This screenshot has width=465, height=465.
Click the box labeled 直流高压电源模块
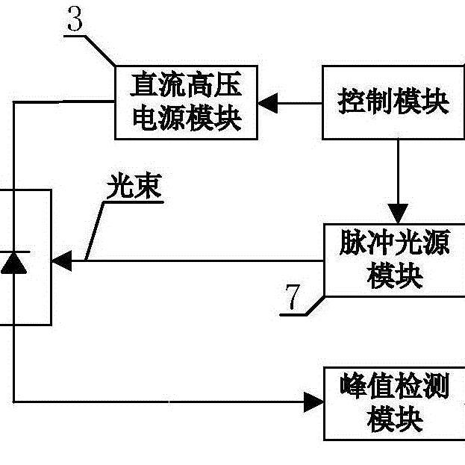[186, 102]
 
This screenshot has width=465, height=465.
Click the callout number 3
[75, 21]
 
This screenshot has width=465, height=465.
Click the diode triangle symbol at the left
[13, 263]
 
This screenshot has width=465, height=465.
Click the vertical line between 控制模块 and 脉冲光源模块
[396, 172]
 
